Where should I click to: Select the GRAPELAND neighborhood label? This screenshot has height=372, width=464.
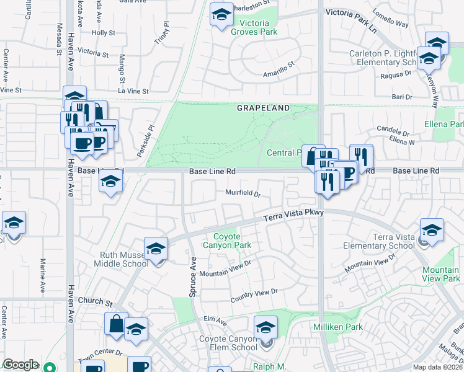263,108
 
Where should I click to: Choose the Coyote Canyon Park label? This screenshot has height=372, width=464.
233,241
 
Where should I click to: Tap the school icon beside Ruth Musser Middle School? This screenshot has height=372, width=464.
156,249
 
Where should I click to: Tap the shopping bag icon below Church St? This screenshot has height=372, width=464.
116,323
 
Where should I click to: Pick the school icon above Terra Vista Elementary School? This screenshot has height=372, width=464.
432,229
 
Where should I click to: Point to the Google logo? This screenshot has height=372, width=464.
20,365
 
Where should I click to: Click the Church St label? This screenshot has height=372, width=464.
95,304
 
